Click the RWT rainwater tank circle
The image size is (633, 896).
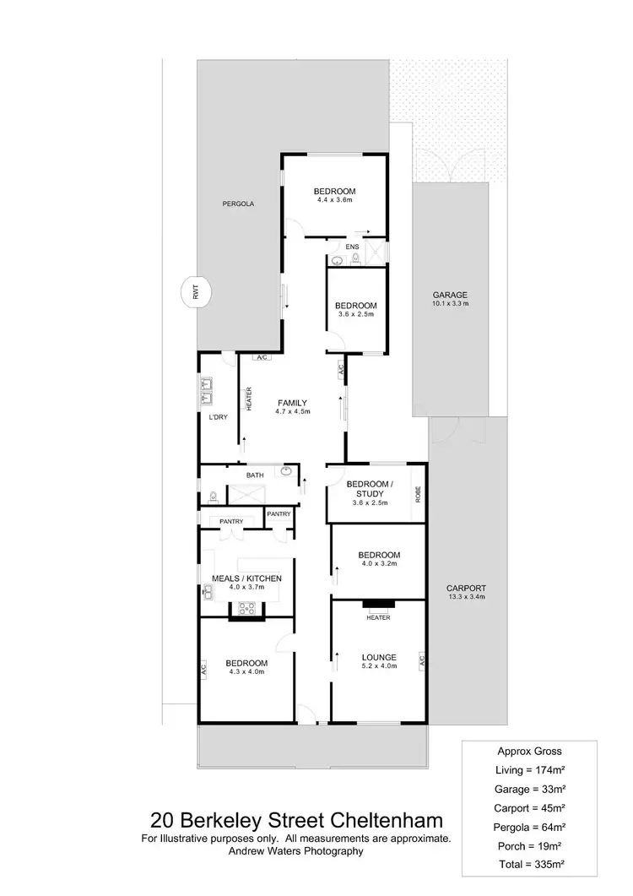point(196,293)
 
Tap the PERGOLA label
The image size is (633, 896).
point(238,204)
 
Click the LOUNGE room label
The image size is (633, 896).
point(379,655)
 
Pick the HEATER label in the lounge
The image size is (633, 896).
point(378,617)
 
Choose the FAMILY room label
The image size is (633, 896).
point(291,402)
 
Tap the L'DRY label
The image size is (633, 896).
point(218,417)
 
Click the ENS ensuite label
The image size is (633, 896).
point(353,247)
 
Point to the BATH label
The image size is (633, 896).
point(255,475)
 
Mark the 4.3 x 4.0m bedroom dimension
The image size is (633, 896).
point(246,672)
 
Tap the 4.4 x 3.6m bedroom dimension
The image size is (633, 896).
point(334,200)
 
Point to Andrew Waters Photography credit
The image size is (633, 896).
point(296,851)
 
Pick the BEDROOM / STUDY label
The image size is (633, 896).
point(369,489)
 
